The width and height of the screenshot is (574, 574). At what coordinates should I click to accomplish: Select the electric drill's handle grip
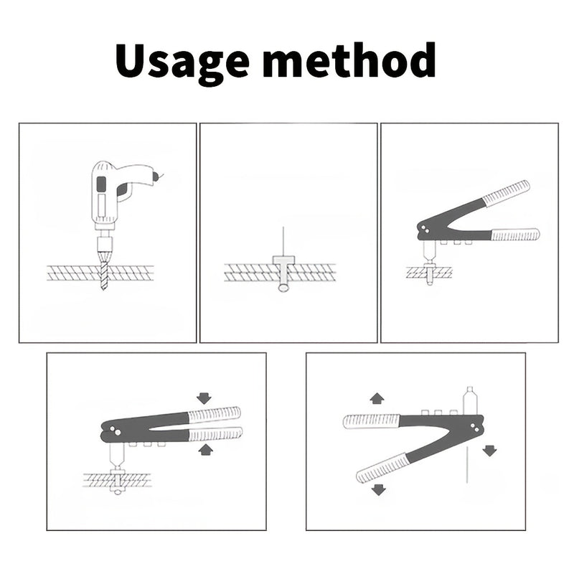103,194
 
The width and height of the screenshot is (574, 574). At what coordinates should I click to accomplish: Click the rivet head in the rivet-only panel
283,260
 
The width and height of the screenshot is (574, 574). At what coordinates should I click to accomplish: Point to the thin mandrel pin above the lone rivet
283,240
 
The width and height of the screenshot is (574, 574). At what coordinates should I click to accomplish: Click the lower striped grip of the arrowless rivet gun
514,234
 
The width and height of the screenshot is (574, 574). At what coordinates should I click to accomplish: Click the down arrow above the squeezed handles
204,397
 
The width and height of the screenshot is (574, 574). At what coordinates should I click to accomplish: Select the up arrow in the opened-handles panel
375,398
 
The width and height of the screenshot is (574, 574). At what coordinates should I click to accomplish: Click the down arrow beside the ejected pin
489,451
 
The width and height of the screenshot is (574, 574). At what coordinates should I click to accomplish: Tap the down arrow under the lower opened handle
379,489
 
